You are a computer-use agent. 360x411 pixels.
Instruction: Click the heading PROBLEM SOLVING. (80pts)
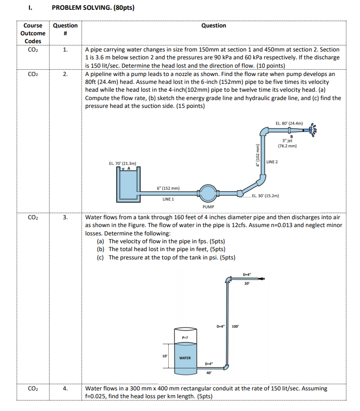click(x=93, y=8)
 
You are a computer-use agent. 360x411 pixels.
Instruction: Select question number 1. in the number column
click(x=65, y=50)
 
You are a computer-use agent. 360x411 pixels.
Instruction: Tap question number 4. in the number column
click(x=65, y=388)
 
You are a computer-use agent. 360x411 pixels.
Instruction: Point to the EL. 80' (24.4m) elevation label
click(x=289, y=123)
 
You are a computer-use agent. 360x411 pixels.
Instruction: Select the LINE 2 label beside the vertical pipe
click(x=272, y=162)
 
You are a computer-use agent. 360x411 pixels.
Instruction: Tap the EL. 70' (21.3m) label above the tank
click(x=123, y=163)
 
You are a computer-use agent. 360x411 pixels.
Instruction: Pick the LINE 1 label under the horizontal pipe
click(x=168, y=200)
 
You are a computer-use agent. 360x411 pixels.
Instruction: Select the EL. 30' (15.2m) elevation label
click(x=265, y=195)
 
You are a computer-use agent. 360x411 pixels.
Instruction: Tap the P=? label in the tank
click(x=185, y=337)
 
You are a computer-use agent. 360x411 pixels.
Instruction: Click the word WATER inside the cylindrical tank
click(x=185, y=358)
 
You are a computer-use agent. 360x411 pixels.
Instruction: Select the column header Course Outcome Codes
click(x=34, y=33)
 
